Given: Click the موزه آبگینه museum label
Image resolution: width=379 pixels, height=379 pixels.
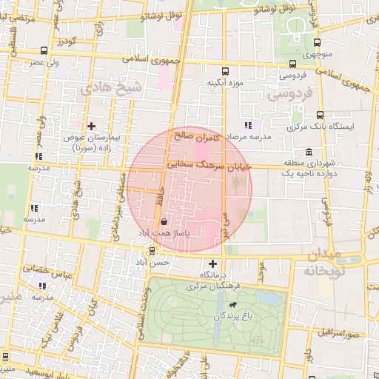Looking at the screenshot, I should click(225, 81).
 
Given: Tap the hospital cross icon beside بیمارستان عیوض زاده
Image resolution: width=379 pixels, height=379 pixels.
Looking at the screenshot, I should click(92, 125).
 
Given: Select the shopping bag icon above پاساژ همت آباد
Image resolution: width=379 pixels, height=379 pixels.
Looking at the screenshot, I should click(163, 221).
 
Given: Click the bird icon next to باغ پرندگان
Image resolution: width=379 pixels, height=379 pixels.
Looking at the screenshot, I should click(233, 304).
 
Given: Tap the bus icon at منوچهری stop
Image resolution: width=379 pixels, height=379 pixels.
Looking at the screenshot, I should click(317, 42).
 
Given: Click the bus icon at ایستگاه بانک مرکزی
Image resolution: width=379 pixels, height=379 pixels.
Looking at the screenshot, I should click(320, 115).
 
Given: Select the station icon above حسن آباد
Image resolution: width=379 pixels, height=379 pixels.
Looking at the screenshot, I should click(152, 251).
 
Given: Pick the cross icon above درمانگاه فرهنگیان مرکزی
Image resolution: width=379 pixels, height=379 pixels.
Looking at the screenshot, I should click(213, 264).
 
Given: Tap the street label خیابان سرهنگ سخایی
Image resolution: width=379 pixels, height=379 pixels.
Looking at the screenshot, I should click(209, 166).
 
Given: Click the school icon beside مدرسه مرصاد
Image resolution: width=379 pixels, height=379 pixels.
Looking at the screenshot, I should click(247, 125).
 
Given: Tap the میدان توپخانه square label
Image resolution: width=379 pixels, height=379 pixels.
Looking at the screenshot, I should click(332, 262).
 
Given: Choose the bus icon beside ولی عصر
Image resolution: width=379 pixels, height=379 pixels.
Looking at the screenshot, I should click(46, 51).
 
